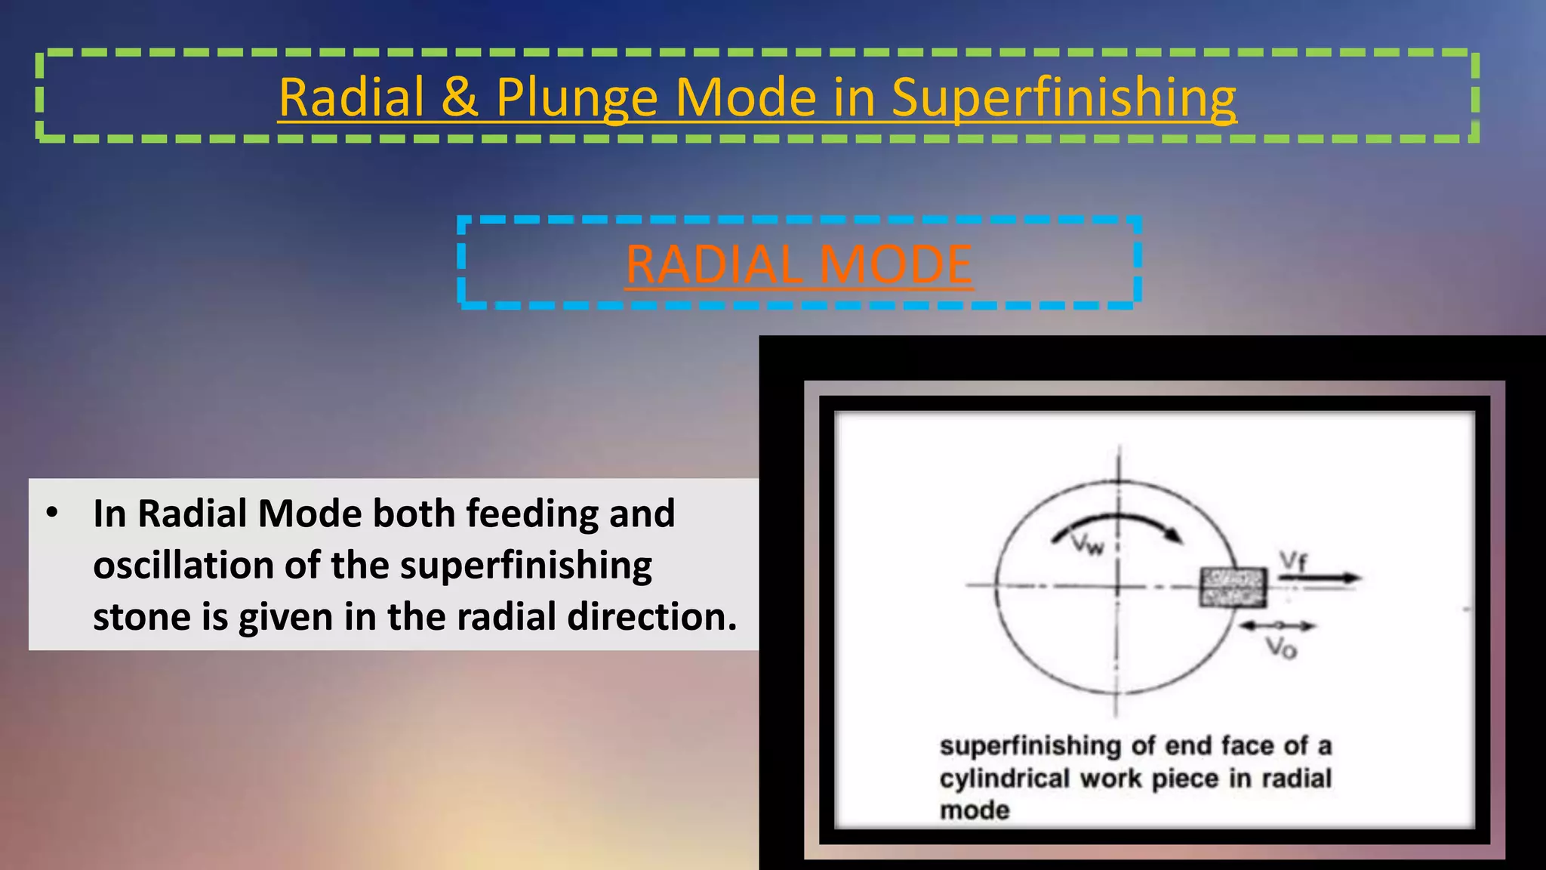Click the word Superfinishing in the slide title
coord(1063,98)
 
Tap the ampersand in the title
coord(460,98)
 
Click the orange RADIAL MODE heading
coord(799,264)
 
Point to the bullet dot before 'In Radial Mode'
coord(52,514)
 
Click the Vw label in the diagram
coord(1088,544)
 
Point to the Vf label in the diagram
coord(1292,560)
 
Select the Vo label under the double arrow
coord(1280,648)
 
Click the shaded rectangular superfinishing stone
coord(1233,588)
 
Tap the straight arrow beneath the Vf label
coord(1320,578)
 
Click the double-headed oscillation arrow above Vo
coord(1277,625)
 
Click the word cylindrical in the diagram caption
coord(1005,779)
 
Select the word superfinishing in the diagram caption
coord(1030,746)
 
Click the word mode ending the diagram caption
coord(975,811)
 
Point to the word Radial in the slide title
coord(352,98)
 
